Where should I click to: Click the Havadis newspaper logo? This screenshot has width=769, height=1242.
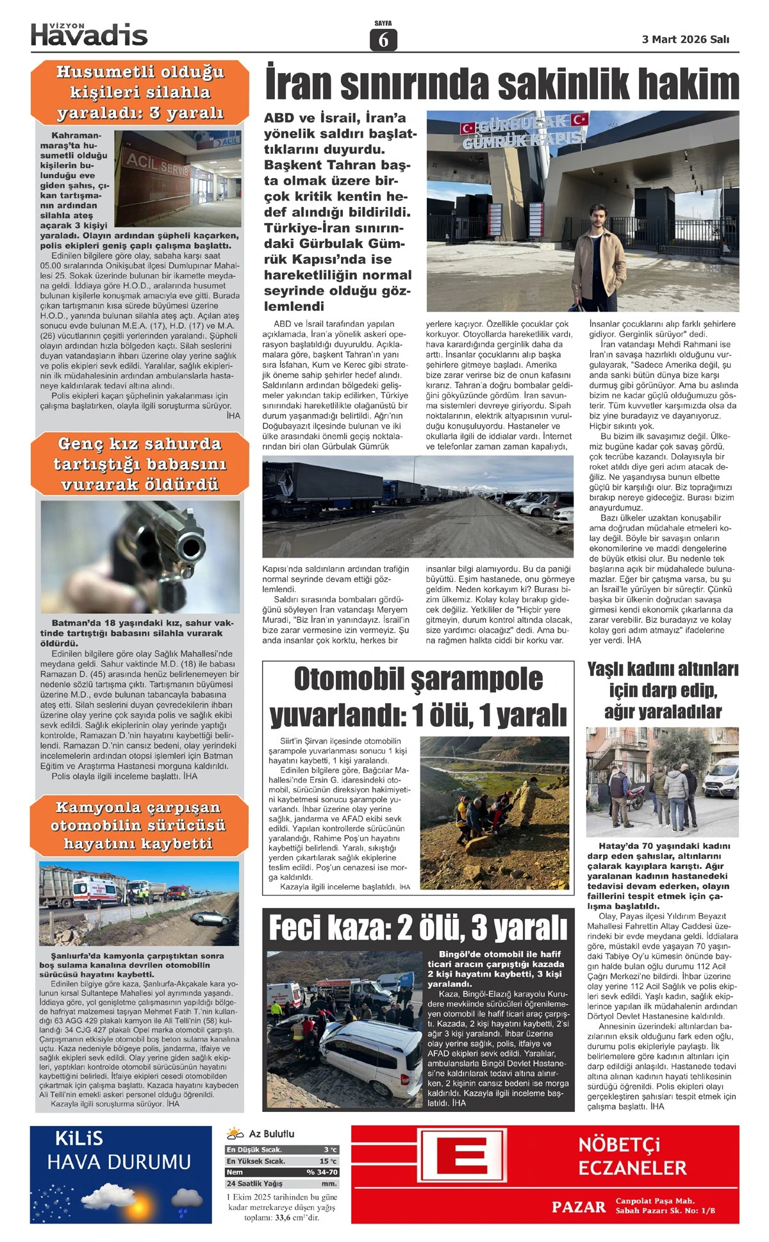pos(89,35)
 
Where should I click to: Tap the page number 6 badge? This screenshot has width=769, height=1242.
pos(383,40)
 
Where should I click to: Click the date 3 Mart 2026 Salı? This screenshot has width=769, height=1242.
pos(685,40)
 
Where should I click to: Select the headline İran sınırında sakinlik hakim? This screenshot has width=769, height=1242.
pos(502,84)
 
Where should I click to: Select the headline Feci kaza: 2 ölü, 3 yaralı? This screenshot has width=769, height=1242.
pos(418,927)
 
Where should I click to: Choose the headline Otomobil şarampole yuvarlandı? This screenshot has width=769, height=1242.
pos(418,697)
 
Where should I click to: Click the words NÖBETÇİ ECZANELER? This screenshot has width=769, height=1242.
pos(632,1156)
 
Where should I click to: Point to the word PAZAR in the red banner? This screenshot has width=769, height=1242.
pos(578,1207)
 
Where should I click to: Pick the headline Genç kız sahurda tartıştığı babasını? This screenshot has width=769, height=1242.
pos(139,463)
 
